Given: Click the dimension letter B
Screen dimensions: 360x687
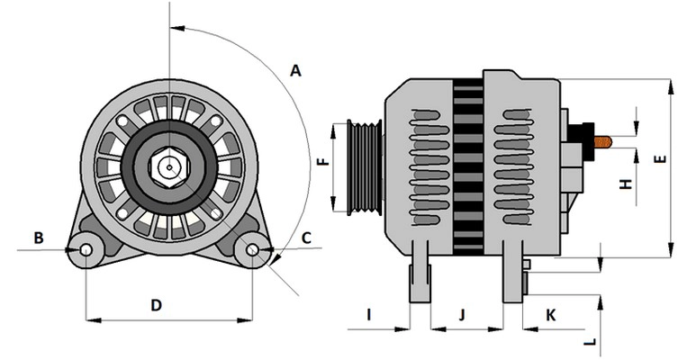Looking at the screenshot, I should (39, 238).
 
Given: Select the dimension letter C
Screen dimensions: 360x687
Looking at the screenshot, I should (306, 238).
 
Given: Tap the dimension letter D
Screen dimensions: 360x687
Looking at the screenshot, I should (156, 305).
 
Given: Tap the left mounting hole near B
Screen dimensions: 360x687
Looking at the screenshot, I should (86, 249).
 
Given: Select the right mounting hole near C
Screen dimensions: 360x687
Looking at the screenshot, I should (254, 248).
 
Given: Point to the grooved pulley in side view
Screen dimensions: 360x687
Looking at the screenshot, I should (366, 167).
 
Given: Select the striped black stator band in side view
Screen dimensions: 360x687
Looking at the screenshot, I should (467, 162).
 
